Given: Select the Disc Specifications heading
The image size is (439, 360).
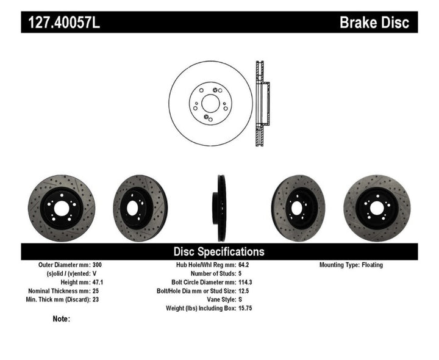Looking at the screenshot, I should (x=219, y=251).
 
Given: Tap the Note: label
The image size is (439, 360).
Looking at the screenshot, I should (x=62, y=319).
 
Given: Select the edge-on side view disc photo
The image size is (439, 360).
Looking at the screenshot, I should (x=219, y=208).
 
